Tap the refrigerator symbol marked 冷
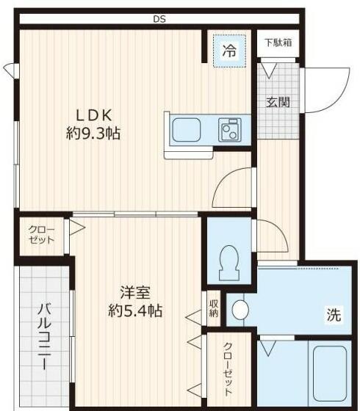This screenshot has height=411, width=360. click(229, 51)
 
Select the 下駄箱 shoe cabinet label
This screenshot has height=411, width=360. click(278, 43)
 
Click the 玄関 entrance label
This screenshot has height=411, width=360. click(277, 101)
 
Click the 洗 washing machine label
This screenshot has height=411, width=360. click(334, 316)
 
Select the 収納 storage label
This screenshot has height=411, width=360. click(213, 308)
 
